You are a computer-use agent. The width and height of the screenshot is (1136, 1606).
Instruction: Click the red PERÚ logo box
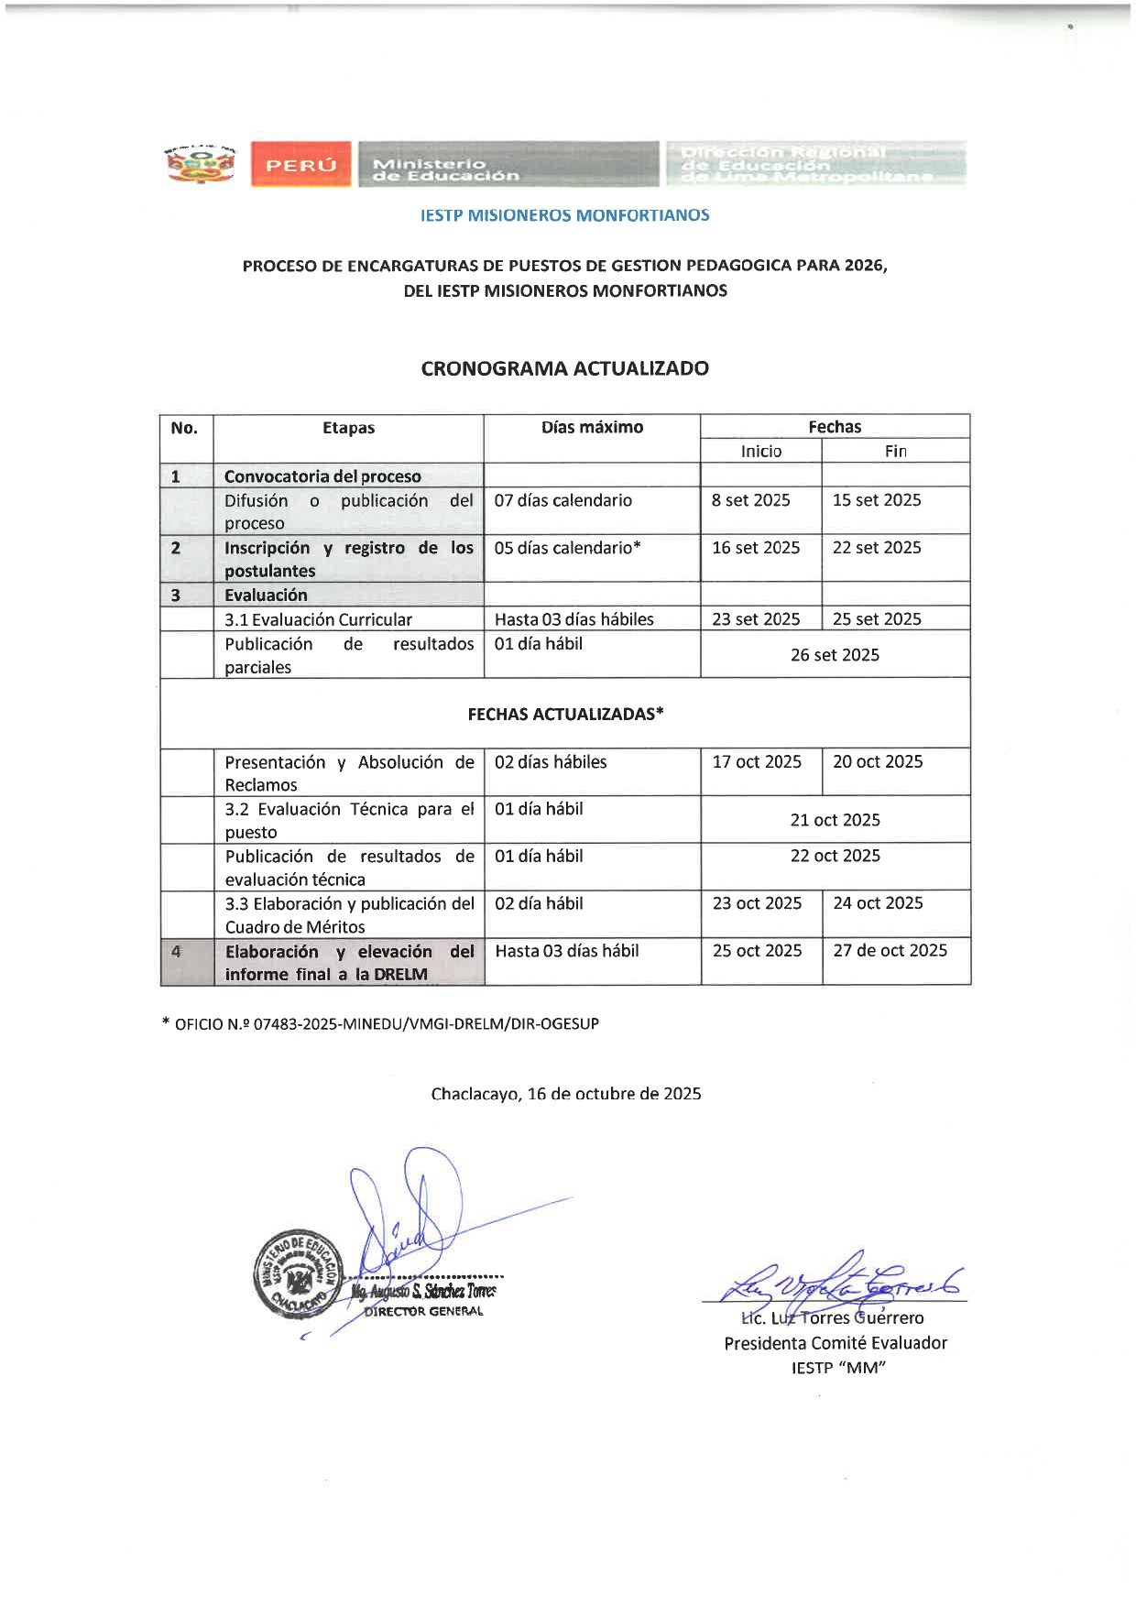click(x=300, y=165)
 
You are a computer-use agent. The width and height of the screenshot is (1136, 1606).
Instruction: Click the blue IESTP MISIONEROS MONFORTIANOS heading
click(x=564, y=215)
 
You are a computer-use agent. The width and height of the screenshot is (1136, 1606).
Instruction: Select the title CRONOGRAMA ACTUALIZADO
click(x=564, y=368)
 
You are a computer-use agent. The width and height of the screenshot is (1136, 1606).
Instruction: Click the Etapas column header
click(x=348, y=428)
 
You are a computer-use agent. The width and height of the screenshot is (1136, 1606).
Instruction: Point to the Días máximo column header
click(x=592, y=427)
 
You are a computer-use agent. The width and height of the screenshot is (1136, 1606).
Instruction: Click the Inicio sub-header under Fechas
click(x=761, y=451)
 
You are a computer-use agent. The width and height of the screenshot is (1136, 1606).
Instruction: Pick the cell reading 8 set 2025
click(x=750, y=500)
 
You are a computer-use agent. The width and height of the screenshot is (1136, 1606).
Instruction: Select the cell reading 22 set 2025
click(x=877, y=548)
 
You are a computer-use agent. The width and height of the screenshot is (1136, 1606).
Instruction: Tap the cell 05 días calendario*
click(x=567, y=548)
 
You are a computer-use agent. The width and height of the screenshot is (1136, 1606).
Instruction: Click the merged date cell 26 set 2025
click(x=835, y=655)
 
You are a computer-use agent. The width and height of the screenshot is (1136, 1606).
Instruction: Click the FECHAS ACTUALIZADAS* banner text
click(x=565, y=714)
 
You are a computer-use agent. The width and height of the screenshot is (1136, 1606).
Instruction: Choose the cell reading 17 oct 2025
click(x=757, y=762)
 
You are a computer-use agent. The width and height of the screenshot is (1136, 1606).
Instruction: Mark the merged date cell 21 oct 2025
click(x=835, y=820)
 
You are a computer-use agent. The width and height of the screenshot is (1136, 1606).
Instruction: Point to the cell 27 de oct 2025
click(x=890, y=951)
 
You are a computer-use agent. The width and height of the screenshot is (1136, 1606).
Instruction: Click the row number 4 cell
click(x=176, y=952)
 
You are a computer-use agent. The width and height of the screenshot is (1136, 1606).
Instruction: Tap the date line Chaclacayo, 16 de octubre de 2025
click(x=565, y=1094)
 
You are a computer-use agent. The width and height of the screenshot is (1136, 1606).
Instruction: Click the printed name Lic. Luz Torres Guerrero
click(x=833, y=1318)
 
